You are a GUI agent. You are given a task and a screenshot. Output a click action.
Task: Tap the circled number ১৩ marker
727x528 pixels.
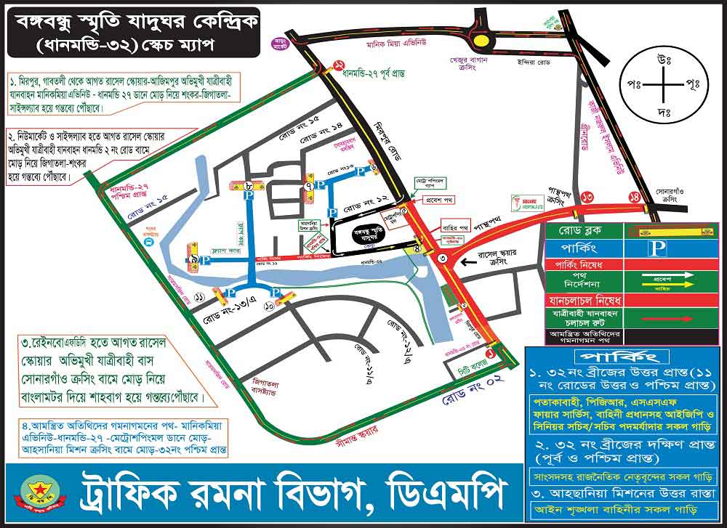(587, 195)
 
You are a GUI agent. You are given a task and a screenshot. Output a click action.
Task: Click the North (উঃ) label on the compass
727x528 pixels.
(663, 56)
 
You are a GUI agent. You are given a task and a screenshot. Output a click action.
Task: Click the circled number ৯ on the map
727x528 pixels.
(196, 259)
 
